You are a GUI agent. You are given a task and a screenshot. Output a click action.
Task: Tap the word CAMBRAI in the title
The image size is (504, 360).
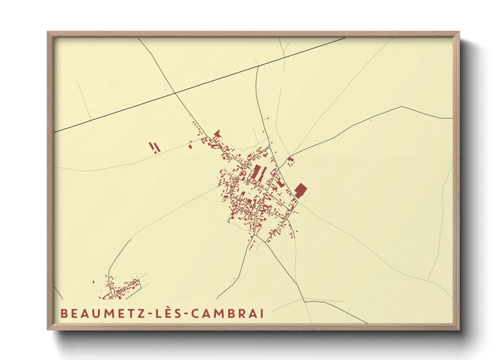tap(227, 314)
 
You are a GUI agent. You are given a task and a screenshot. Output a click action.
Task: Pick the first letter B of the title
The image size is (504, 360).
tap(64, 314)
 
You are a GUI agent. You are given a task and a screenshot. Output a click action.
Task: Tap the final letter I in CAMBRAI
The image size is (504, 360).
tap(262, 314)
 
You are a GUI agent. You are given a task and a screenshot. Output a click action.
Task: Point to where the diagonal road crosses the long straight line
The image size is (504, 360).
tap(175, 93)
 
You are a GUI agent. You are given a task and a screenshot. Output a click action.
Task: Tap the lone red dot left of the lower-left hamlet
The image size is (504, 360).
tap(93, 282)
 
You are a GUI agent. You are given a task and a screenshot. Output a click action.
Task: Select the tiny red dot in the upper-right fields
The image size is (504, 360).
tap(371, 120)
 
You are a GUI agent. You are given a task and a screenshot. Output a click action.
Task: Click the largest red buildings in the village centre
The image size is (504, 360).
tap(258, 172)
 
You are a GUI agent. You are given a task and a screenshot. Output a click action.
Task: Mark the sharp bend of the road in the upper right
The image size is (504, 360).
tap(402, 107)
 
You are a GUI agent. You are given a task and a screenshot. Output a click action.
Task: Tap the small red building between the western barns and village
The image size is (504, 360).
tap(190, 146)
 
